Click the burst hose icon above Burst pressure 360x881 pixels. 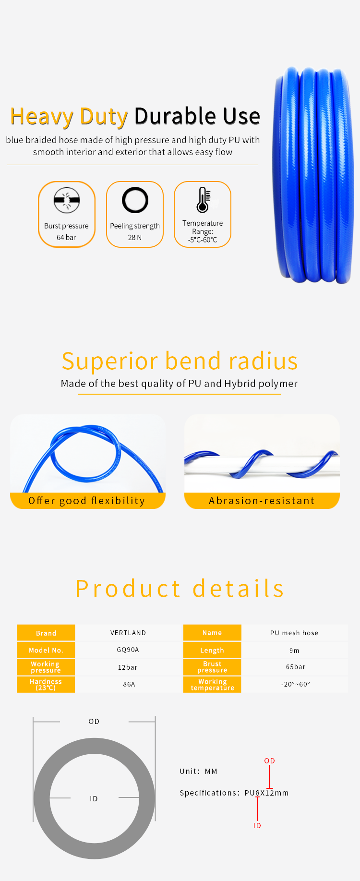pyautogui.click(x=67, y=200)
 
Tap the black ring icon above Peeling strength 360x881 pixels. pyautogui.click(x=135, y=200)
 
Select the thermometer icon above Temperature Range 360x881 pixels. pyautogui.click(x=203, y=200)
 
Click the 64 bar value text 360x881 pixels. pyautogui.click(x=66, y=237)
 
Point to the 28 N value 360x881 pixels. pyautogui.click(x=135, y=237)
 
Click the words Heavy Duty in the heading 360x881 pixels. pyautogui.click(x=69, y=116)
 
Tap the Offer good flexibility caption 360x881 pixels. pyautogui.click(x=87, y=501)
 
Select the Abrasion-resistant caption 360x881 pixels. pyautogui.click(x=262, y=501)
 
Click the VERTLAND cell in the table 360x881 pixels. pyautogui.click(x=128, y=633)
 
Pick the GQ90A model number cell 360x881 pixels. pyautogui.click(x=128, y=650)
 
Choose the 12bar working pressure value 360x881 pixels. pyautogui.click(x=128, y=667)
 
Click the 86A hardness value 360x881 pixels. pyautogui.click(x=129, y=684)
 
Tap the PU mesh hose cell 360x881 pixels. pyautogui.click(x=294, y=633)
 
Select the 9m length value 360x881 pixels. pyautogui.click(x=294, y=651)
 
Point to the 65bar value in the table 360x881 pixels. pyautogui.click(x=296, y=667)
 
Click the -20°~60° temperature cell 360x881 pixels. pyautogui.click(x=296, y=684)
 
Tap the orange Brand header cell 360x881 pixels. pyautogui.click(x=46, y=633)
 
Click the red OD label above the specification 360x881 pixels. pyautogui.click(x=270, y=761)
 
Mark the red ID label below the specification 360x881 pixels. pyautogui.click(x=257, y=826)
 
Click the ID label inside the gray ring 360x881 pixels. pyautogui.click(x=94, y=799)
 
